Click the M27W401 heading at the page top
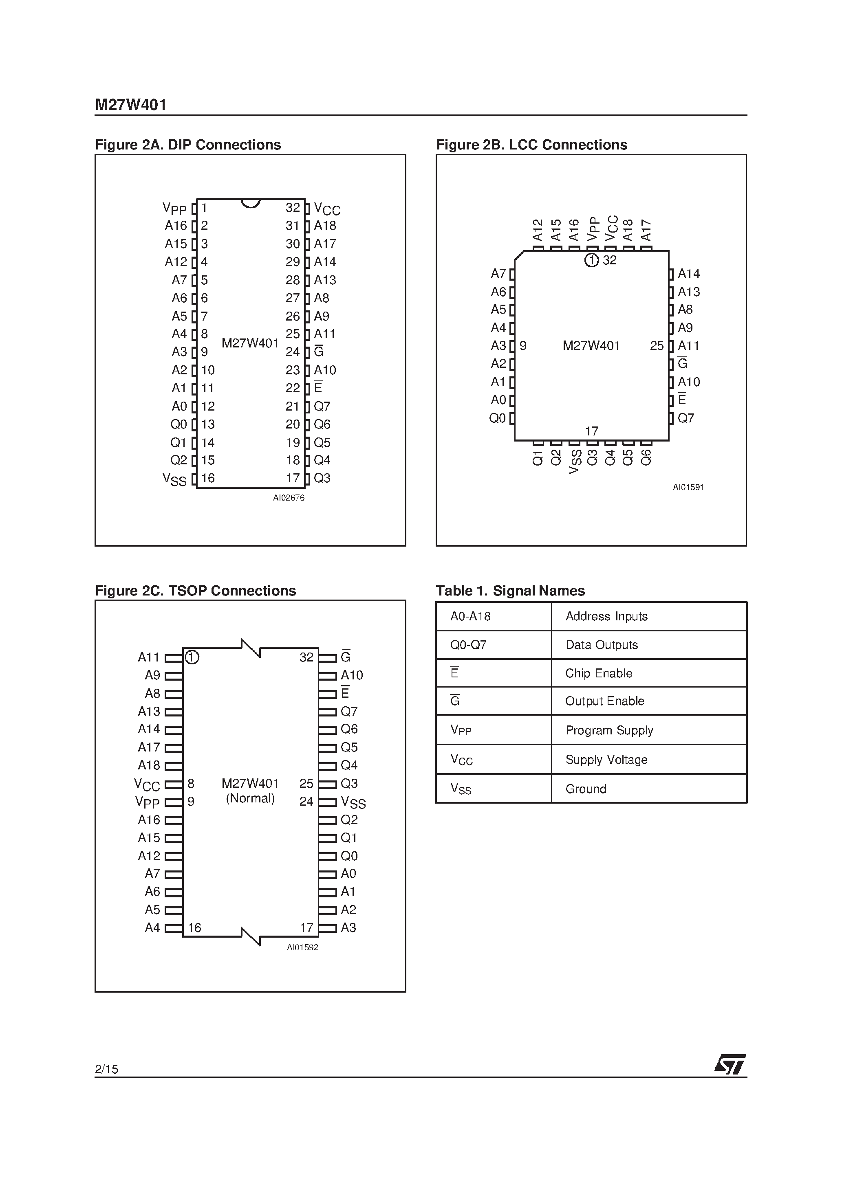(x=131, y=105)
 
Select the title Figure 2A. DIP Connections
(x=188, y=145)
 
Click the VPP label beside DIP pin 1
(x=174, y=209)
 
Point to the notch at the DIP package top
(x=250, y=203)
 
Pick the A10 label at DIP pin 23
(x=325, y=370)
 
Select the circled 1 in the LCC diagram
(x=591, y=260)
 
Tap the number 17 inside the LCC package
(x=591, y=431)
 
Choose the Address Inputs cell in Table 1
(x=606, y=616)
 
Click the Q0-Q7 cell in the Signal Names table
(x=468, y=645)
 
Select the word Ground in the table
(x=586, y=789)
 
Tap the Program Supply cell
(x=609, y=730)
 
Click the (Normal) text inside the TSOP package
(x=250, y=798)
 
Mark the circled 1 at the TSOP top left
(x=192, y=657)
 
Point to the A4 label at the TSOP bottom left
(x=152, y=927)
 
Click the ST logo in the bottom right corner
(x=730, y=1064)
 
